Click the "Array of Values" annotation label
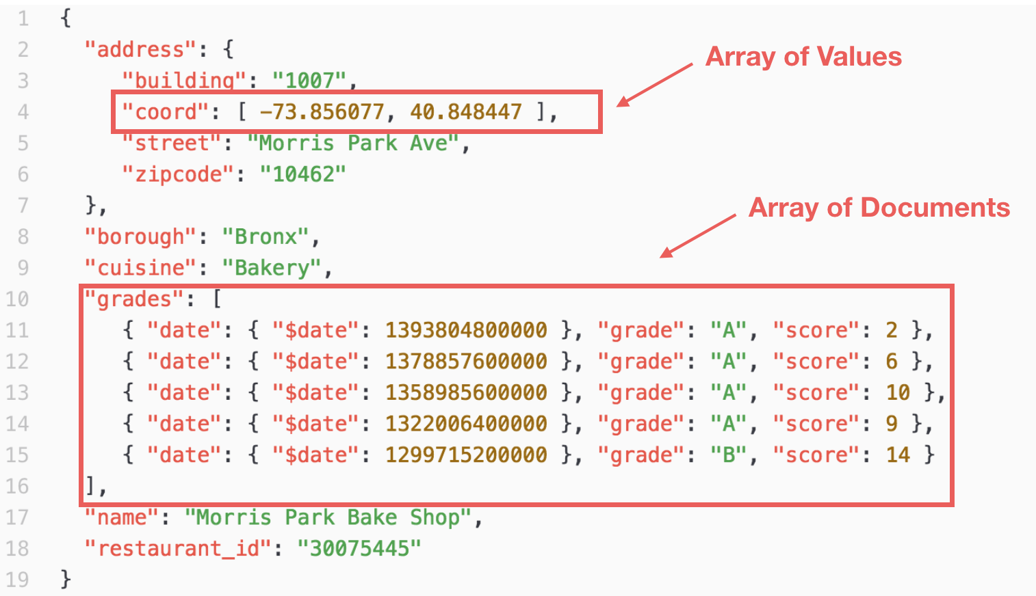click(x=803, y=57)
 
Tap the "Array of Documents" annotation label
click(x=879, y=208)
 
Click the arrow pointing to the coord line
click(x=654, y=85)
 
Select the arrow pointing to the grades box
click(x=697, y=236)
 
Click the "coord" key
click(x=165, y=112)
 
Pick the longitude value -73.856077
click(x=322, y=112)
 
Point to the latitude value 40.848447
click(x=466, y=112)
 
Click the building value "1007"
click(x=309, y=81)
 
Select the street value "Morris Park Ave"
click(x=353, y=144)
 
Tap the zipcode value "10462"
click(x=302, y=175)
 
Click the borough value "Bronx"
click(x=265, y=236)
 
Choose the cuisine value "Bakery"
click(x=272, y=268)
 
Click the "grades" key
click(x=134, y=299)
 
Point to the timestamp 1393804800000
click(x=466, y=330)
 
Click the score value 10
click(x=898, y=393)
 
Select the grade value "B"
click(x=729, y=455)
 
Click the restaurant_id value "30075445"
click(x=359, y=549)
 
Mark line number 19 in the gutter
click(x=17, y=580)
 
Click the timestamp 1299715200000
click(x=466, y=455)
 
